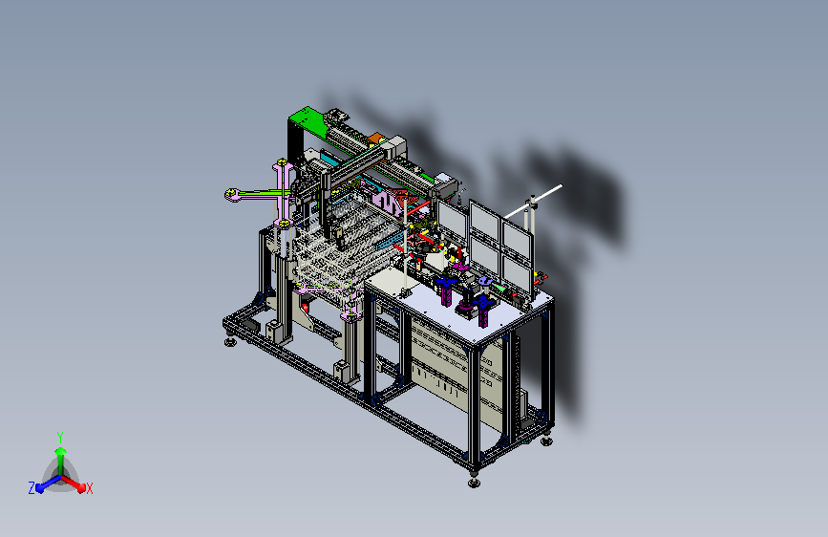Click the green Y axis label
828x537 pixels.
click(x=60, y=437)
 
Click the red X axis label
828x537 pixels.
click(x=89, y=489)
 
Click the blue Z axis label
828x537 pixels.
click(x=32, y=488)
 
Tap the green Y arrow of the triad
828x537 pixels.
click(x=60, y=460)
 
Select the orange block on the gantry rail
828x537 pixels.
click(x=375, y=139)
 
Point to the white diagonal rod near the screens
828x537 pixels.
click(x=532, y=202)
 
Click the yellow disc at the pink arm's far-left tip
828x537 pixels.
click(x=231, y=194)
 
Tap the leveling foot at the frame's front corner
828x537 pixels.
click(x=475, y=482)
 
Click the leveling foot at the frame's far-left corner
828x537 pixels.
click(x=230, y=341)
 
